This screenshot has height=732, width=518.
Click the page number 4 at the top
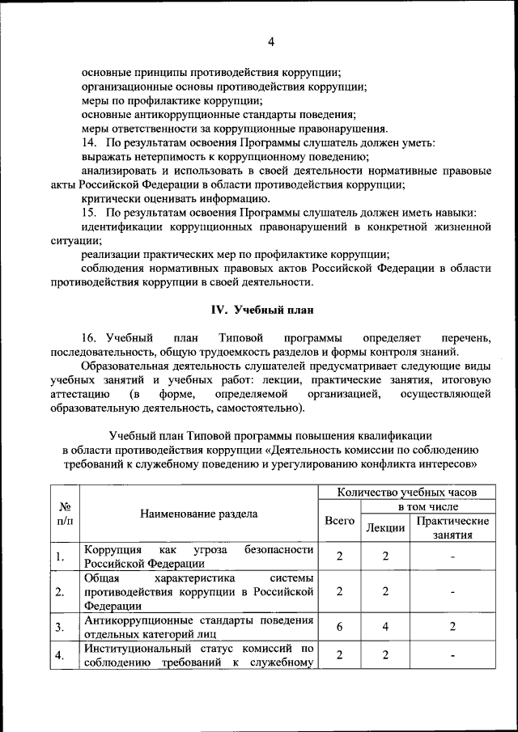point(272,42)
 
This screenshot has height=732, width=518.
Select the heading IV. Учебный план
point(261,310)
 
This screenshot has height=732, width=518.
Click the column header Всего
point(339,522)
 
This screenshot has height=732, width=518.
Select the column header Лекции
point(385,528)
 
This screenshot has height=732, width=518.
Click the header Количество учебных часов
point(406,491)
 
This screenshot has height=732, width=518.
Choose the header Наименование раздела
point(199,514)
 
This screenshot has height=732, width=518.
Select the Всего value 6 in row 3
point(339,627)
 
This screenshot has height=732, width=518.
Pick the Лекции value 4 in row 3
point(385,627)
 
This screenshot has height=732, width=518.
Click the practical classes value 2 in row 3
point(452,627)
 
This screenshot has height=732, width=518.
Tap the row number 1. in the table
point(61,556)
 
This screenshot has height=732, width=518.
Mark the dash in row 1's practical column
point(452,556)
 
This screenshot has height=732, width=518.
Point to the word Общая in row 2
point(102,578)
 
